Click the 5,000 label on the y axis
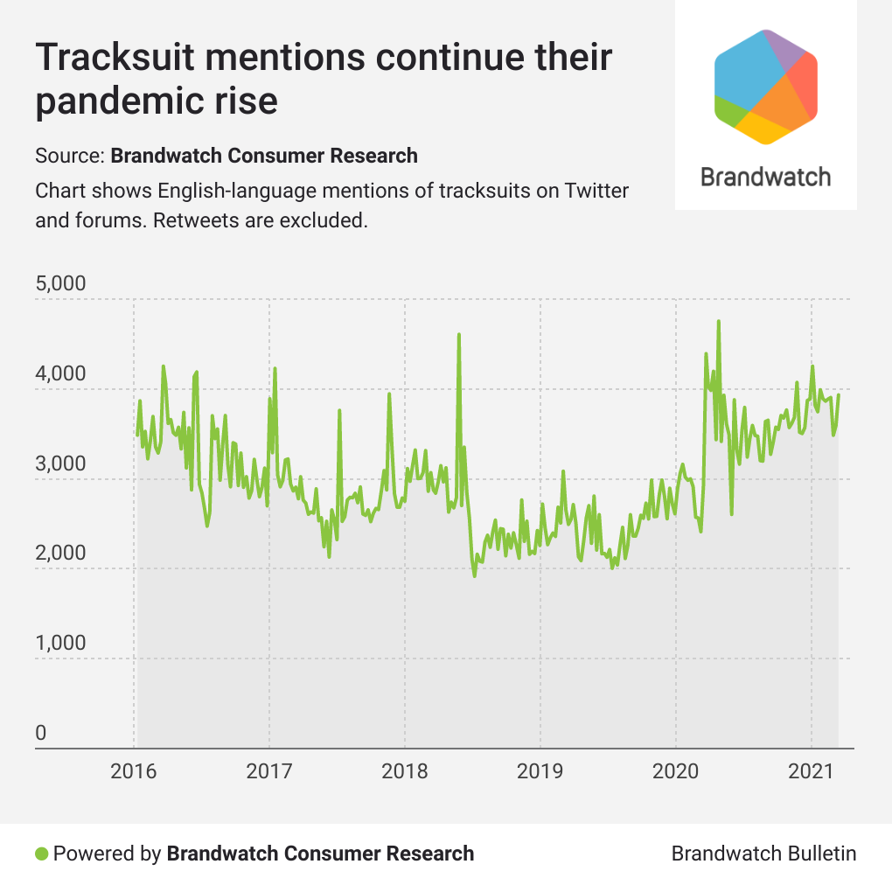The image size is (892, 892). (60, 284)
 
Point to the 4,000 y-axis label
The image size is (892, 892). (60, 374)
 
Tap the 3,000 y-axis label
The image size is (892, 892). (60, 464)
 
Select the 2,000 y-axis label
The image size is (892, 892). (60, 554)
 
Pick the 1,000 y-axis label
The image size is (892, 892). (60, 644)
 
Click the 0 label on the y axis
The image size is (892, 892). (40, 733)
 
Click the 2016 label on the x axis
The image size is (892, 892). (134, 772)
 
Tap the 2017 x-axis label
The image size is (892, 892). (269, 772)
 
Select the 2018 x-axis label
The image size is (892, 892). (405, 772)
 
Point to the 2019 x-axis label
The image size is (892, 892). (540, 772)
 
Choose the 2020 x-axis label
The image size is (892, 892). (676, 772)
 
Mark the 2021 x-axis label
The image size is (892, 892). (812, 772)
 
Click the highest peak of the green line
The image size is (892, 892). (718, 322)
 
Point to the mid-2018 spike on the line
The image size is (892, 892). (458, 335)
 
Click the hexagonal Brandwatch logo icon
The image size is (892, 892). (766, 86)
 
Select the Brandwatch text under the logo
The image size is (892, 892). (765, 178)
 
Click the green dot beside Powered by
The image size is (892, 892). (41, 854)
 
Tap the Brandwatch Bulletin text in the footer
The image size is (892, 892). (763, 854)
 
